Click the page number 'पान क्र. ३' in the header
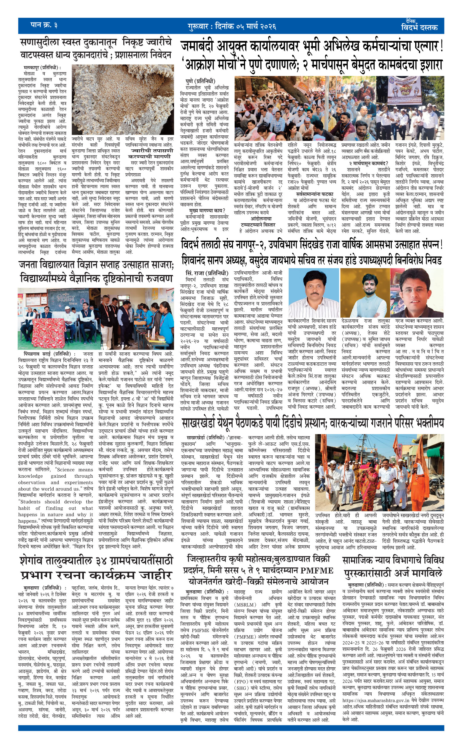pyautogui.click(x=44, y=25)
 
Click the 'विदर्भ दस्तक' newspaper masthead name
pyautogui.click(x=419, y=27)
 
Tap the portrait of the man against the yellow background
pyautogui.click(x=365, y=294)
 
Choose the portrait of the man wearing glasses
pyautogui.click(x=417, y=294)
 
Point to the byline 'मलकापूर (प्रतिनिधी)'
pyautogui.click(x=42, y=68)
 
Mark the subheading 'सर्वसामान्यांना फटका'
pyautogui.click(x=315, y=194)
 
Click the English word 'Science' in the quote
pyautogui.click(x=66, y=469)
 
